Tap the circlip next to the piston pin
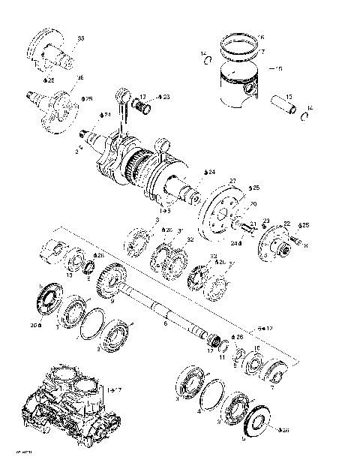tap(306, 116)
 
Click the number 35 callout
tap(81, 38)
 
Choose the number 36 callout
tap(80, 77)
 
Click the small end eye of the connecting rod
tap(121, 95)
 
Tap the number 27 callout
tap(232, 181)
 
